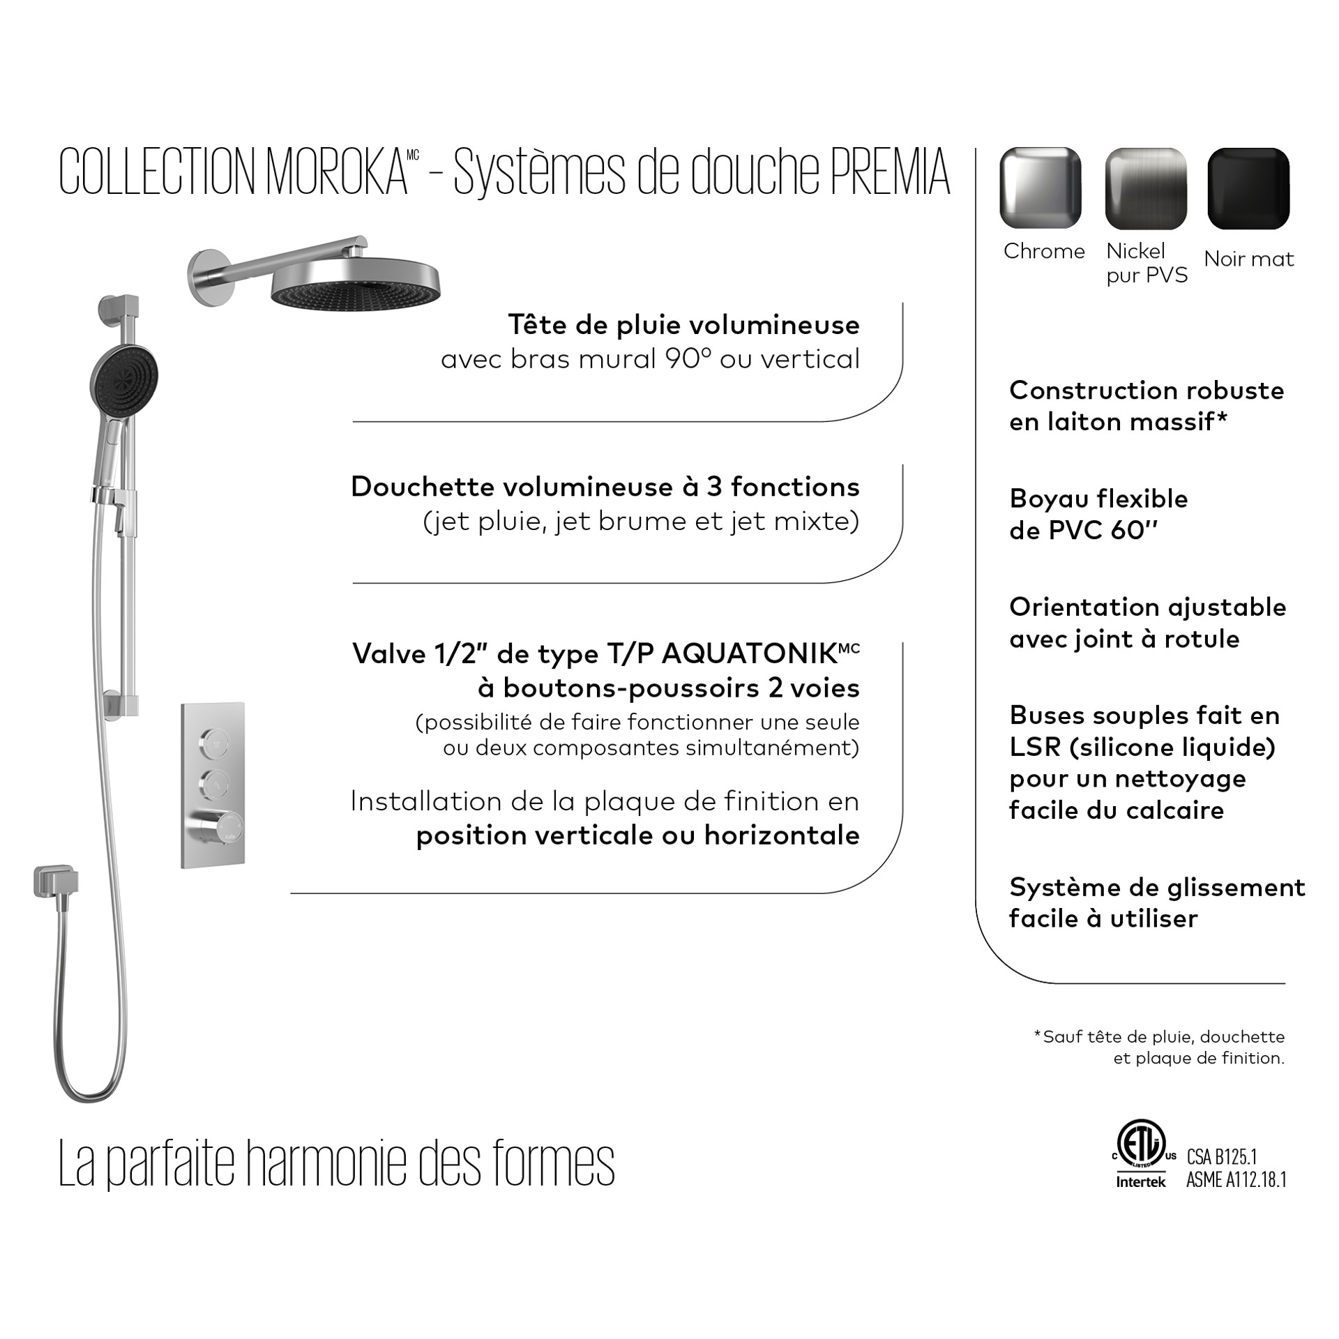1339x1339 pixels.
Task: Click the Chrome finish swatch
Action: [x=1040, y=188]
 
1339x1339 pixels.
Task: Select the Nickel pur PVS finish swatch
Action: [x=1145, y=188]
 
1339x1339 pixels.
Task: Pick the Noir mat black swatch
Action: [x=1248, y=188]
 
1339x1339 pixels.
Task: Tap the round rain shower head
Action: [x=356, y=286]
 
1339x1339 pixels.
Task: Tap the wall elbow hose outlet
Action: [x=54, y=884]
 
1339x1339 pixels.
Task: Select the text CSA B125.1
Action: [x=1221, y=1157]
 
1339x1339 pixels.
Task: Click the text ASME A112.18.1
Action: [x=1236, y=1179]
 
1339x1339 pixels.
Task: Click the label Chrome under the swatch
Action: [x=1044, y=251]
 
